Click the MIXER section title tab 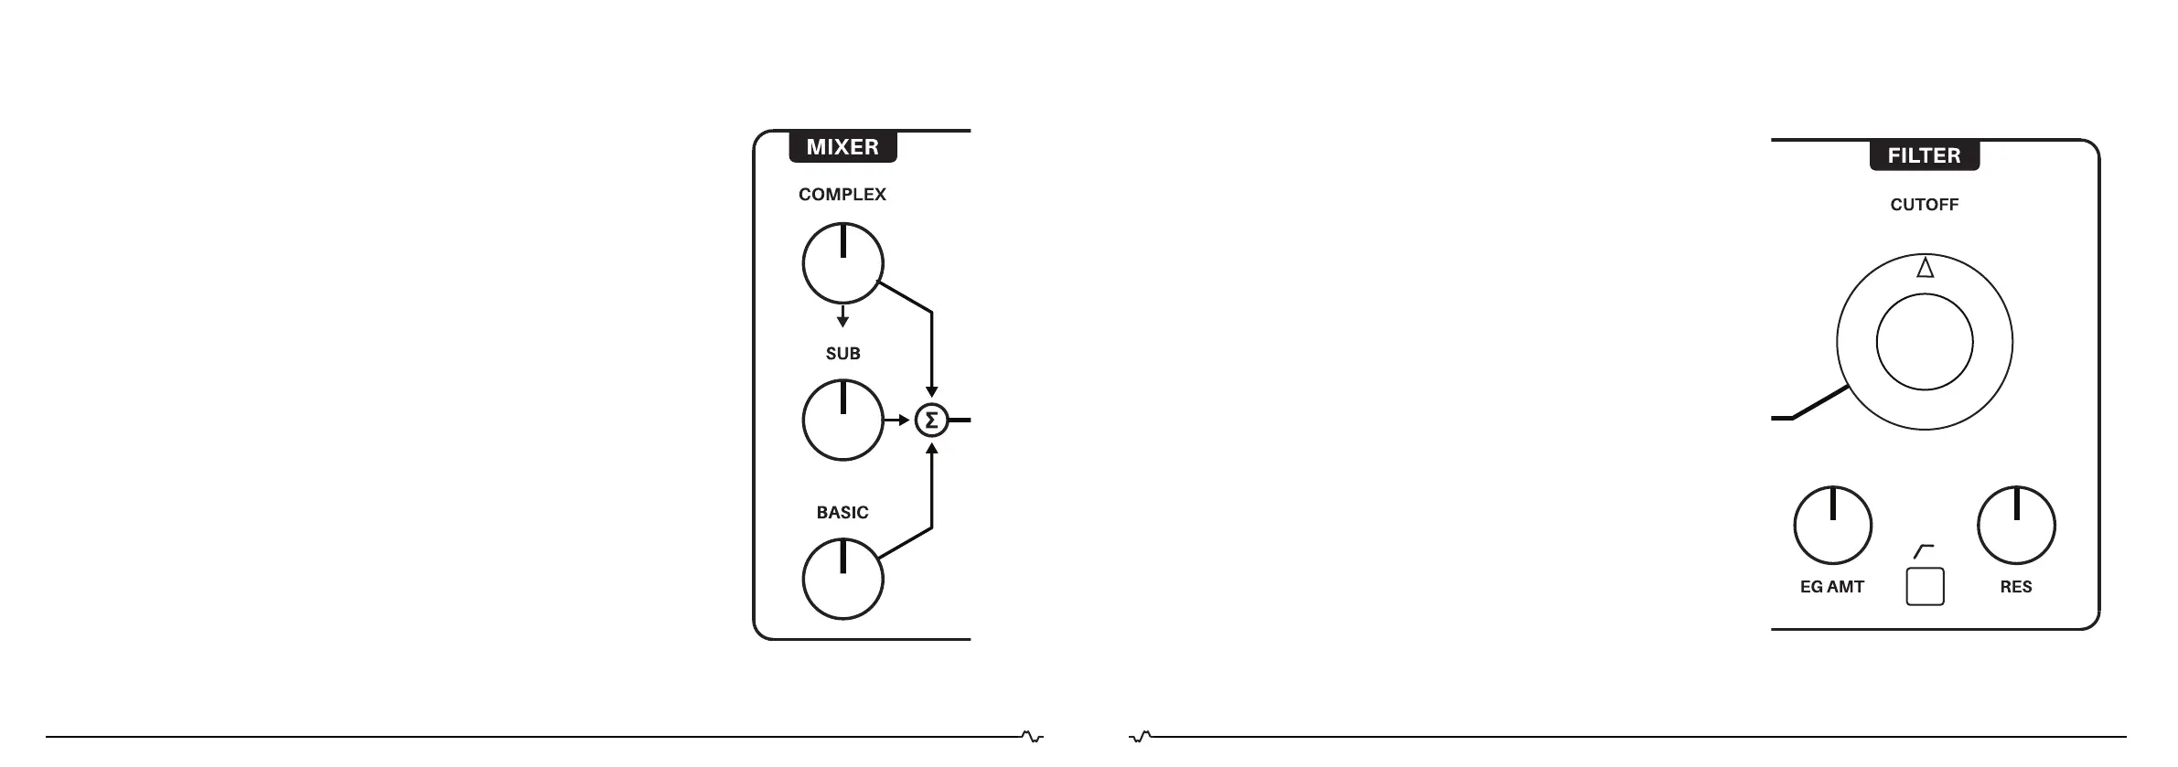(x=842, y=147)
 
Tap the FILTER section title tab (x=1924, y=155)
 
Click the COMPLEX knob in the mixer (x=842, y=263)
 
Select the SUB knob (x=842, y=421)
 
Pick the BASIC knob (x=842, y=579)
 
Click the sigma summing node (x=931, y=421)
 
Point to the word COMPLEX (x=842, y=195)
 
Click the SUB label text (x=842, y=354)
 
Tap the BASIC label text (x=842, y=513)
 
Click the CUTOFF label (x=1924, y=205)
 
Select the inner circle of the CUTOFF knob (x=1924, y=342)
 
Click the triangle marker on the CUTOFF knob (x=1925, y=268)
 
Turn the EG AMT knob (x=1832, y=526)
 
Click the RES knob (x=2016, y=526)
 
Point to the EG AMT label (x=1831, y=587)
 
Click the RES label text (x=2015, y=587)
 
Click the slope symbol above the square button (x=1924, y=551)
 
